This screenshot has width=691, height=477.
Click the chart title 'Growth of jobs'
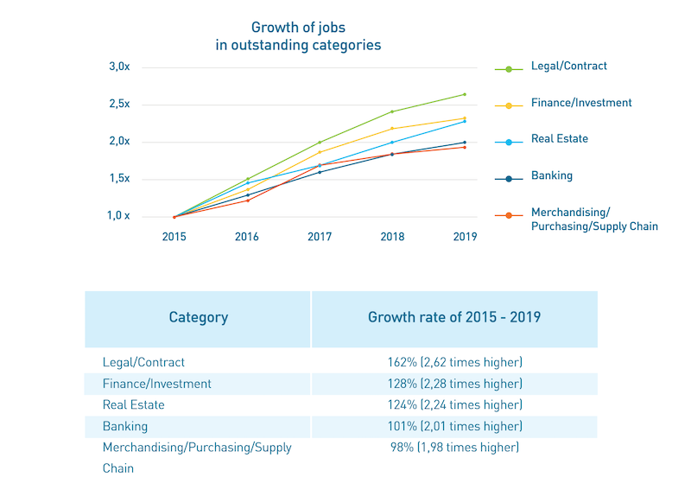tap(298, 28)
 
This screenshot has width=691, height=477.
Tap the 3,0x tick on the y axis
tap(119, 67)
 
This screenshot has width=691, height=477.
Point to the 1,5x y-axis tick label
tap(119, 179)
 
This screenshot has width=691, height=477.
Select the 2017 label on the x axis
tap(320, 237)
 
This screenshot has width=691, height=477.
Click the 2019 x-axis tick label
tap(465, 237)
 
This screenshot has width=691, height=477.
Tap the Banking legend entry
tap(551, 176)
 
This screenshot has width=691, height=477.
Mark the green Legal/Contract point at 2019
tap(465, 94)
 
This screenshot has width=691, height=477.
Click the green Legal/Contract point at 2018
tap(392, 111)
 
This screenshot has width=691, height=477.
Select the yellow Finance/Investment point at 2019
tap(465, 118)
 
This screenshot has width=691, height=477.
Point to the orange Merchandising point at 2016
tap(247, 200)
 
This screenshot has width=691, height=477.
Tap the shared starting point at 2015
tap(174, 217)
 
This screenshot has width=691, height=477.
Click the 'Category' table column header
tap(198, 317)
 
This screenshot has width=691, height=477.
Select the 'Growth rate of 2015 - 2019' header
tap(454, 317)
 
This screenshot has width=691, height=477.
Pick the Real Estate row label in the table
tap(133, 404)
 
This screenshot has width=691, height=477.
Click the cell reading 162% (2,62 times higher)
tap(454, 362)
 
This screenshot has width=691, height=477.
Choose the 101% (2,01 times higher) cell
tap(454, 426)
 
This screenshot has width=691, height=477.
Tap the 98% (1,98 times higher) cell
tap(454, 447)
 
